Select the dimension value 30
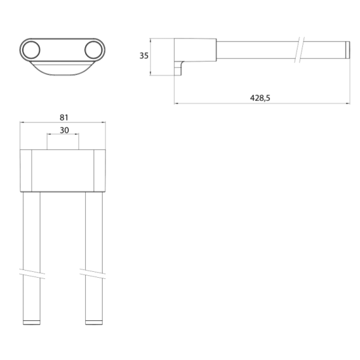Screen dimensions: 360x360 (63, 130)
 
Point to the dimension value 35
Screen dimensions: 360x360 (143, 56)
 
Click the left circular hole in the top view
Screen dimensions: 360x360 (32, 49)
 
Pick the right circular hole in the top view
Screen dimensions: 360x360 (92, 49)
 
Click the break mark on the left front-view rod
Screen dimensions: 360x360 (31, 272)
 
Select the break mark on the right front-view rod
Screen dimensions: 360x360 (94, 272)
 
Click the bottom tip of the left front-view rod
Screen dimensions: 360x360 (31, 322)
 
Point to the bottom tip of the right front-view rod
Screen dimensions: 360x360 (94, 322)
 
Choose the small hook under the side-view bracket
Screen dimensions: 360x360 (178, 69)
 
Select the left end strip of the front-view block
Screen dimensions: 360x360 (26, 170)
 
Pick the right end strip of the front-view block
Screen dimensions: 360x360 (100, 170)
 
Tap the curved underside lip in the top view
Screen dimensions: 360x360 (62, 68)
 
